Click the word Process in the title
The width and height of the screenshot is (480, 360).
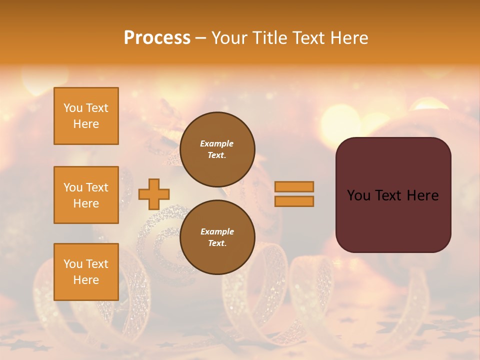157,37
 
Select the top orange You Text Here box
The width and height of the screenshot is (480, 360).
86,116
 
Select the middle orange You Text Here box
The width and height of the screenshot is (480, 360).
86,195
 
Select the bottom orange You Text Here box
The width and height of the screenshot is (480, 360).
86,272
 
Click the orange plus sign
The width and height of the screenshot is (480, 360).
154,194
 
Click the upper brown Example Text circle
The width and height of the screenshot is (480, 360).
217,149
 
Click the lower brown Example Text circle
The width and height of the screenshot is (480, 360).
217,237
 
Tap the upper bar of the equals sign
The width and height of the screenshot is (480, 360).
294,186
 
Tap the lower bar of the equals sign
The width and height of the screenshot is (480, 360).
294,201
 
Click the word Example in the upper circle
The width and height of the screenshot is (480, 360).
217,143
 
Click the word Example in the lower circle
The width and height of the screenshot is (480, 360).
217,231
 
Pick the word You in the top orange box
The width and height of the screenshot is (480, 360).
73,108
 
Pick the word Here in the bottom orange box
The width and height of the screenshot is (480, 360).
86,280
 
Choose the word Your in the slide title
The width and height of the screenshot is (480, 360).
227,37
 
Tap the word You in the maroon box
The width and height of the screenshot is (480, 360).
358,195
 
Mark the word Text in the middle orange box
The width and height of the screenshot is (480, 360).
96,187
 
